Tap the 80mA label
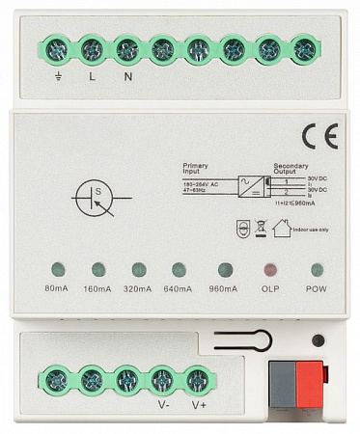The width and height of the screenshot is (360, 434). pyautogui.click(x=57, y=288)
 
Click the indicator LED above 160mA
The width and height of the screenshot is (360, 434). pyautogui.click(x=97, y=269)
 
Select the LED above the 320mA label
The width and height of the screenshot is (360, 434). pyautogui.click(x=138, y=269)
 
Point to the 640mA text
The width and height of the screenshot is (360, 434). pyautogui.click(x=179, y=288)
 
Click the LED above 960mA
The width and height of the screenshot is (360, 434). pyautogui.click(x=224, y=269)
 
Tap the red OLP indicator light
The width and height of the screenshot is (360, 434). pyautogui.click(x=271, y=269)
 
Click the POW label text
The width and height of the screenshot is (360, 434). pyautogui.click(x=317, y=288)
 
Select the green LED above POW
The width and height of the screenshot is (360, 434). pyautogui.click(x=317, y=269)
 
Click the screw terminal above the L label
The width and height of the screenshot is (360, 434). pyautogui.click(x=92, y=48)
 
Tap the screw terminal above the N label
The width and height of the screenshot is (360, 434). pyautogui.click(x=127, y=48)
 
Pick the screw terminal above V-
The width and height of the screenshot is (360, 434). pyautogui.click(x=163, y=380)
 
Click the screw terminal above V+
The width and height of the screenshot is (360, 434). pyautogui.click(x=198, y=380)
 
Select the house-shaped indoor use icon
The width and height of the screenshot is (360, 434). pyautogui.click(x=281, y=229)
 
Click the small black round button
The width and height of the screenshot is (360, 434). pyautogui.click(x=318, y=340)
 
